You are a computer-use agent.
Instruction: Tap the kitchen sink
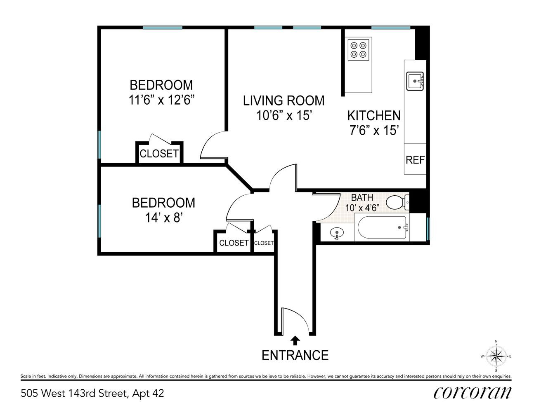415,81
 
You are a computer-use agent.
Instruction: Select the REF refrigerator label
415,160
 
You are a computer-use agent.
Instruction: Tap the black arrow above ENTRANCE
295,341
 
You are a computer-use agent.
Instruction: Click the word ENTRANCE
295,355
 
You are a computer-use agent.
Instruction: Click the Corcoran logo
473,393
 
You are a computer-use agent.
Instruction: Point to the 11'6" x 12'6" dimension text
161,100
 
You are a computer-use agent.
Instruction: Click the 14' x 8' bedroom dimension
163,217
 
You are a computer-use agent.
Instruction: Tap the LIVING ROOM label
284,101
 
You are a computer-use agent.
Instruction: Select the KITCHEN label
374,115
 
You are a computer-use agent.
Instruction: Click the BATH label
362,197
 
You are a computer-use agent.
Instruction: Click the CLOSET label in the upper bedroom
159,154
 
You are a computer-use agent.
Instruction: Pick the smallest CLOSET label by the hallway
264,243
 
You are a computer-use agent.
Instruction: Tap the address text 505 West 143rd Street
74,393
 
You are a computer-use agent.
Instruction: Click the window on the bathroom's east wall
428,229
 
